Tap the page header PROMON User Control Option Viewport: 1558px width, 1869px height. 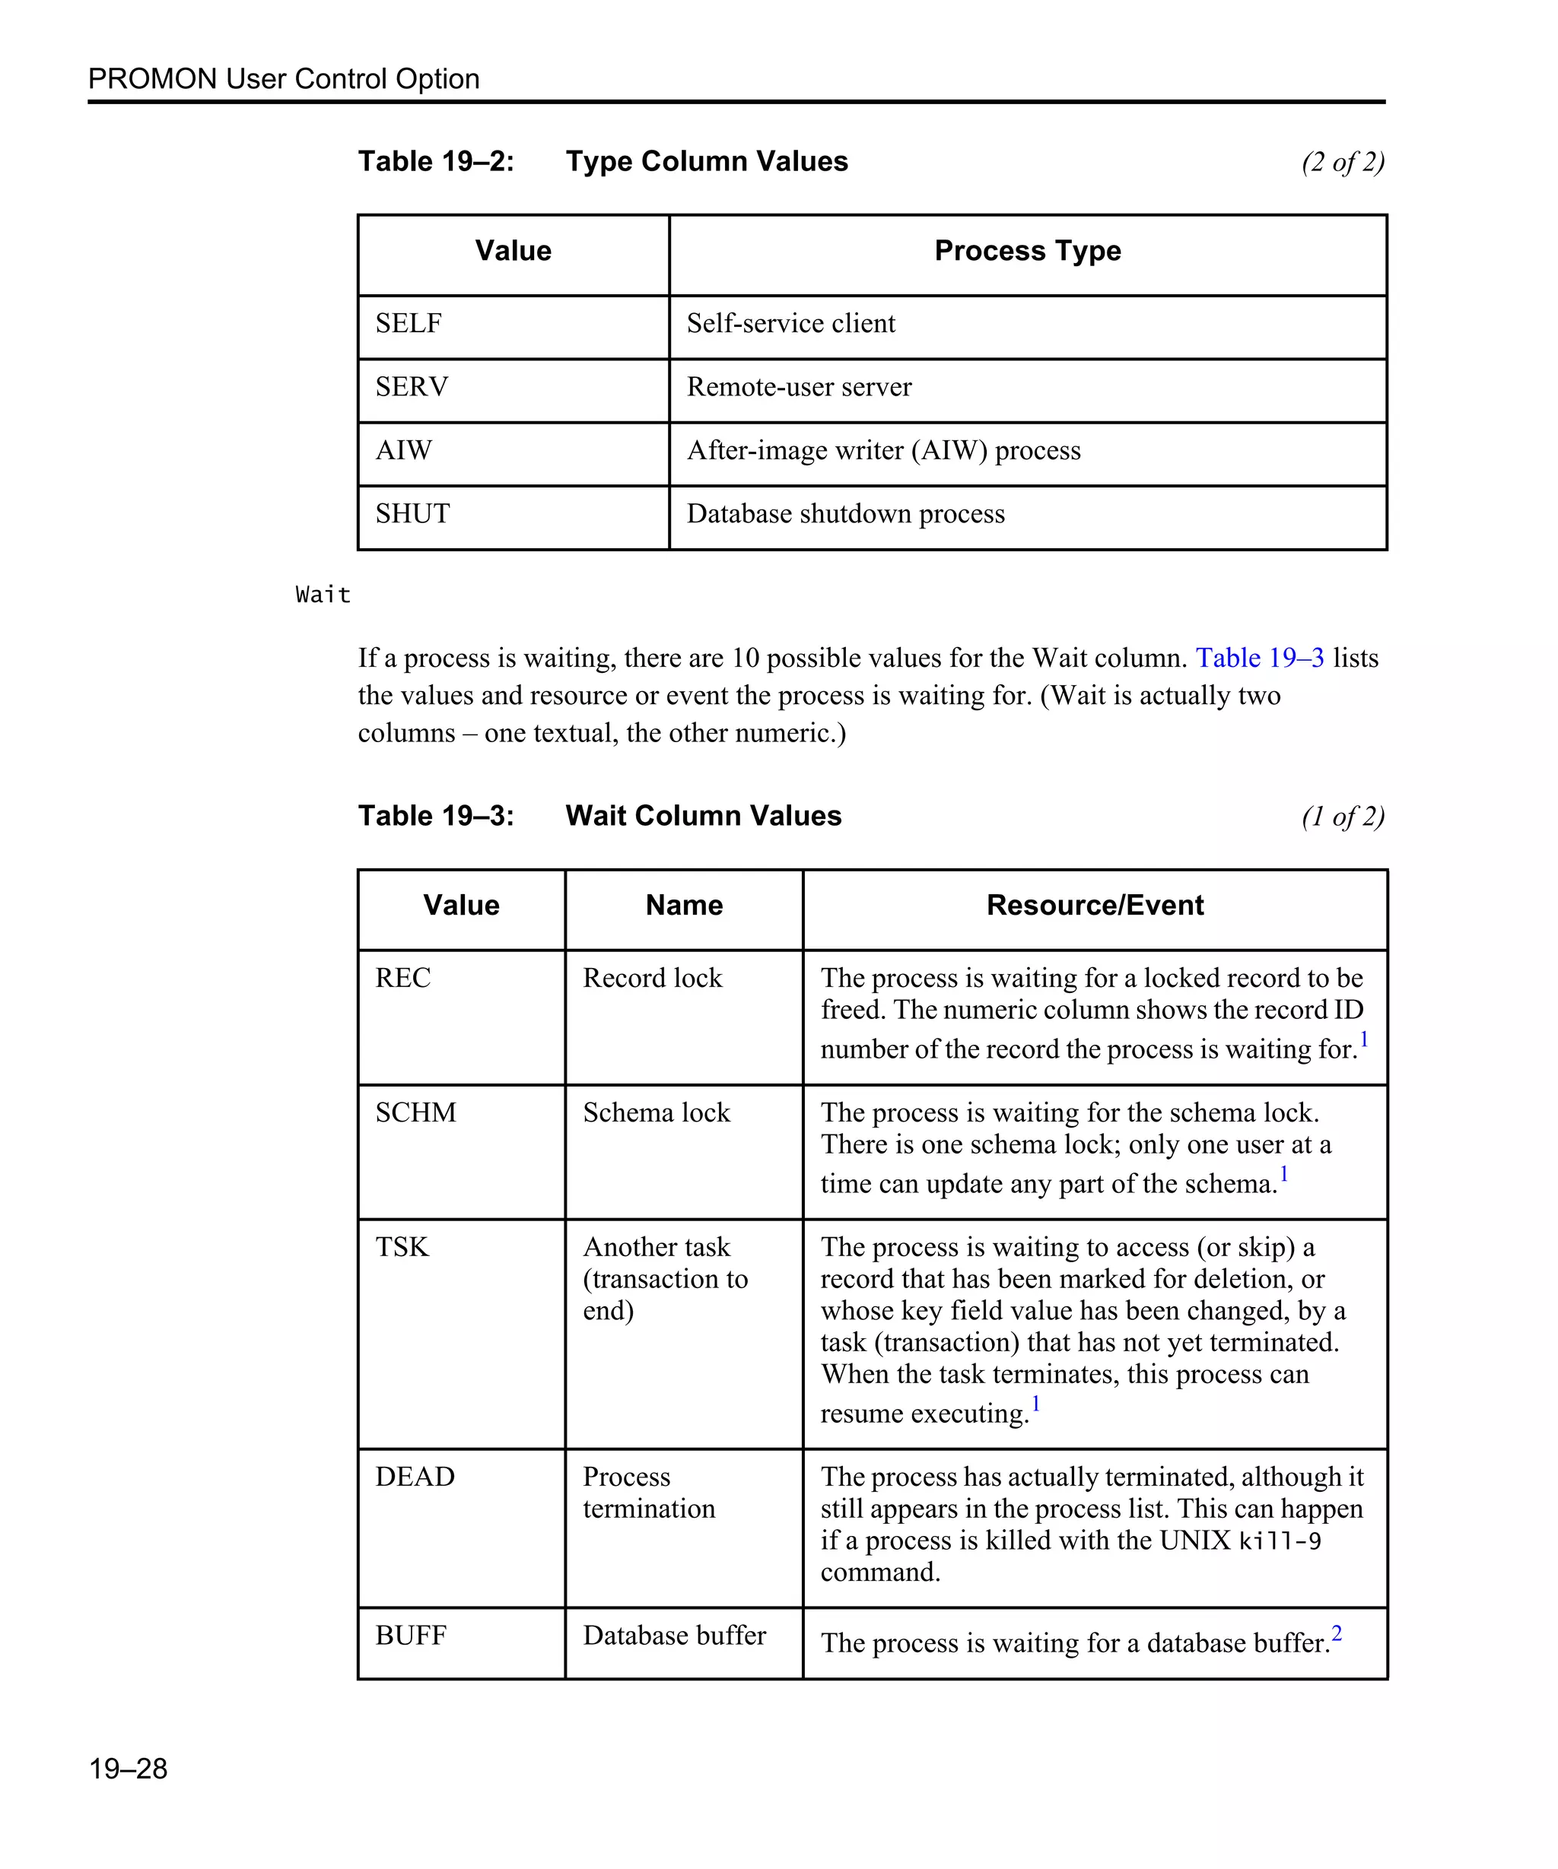coord(283,79)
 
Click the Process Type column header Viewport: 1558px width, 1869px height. coord(1028,251)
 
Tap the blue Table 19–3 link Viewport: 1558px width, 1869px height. coord(1259,658)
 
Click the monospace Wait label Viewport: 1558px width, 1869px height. coord(323,595)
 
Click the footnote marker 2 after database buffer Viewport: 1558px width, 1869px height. coord(1337,1633)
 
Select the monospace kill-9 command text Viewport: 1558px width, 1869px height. coord(1280,1541)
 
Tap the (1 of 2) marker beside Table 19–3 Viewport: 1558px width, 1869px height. coord(1343,816)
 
